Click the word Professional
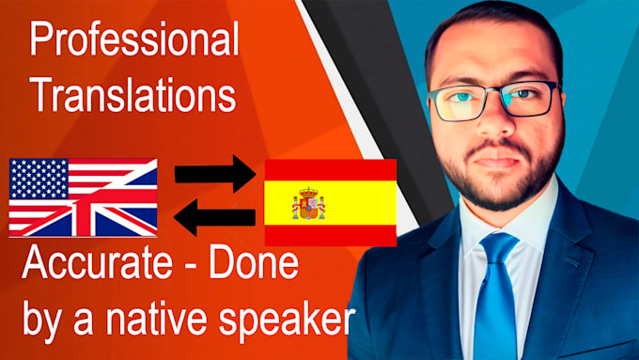click(133, 41)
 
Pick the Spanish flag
click(329, 203)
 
